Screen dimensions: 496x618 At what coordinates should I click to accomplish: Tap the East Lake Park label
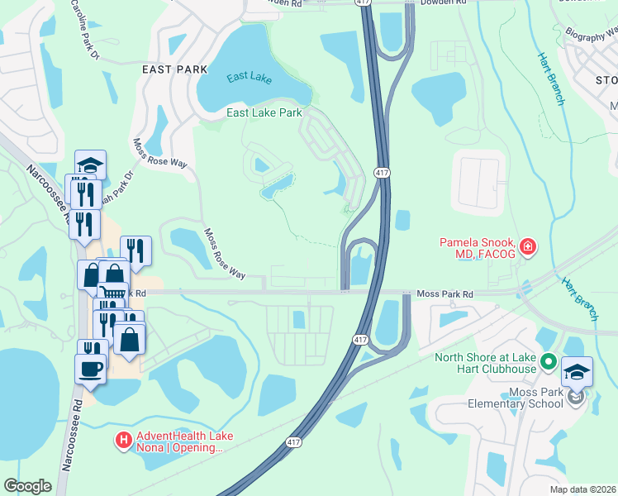coord(264,112)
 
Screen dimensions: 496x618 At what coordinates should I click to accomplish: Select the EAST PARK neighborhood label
coord(174,69)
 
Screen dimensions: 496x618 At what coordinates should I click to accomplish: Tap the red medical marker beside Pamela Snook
coord(527,246)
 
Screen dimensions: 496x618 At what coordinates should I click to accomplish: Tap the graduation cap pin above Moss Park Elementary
coord(577,372)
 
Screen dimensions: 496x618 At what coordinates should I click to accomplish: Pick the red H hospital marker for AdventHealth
coord(124,441)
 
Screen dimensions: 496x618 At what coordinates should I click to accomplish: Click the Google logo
coord(28,486)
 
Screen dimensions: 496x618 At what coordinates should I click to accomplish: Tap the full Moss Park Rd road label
coord(445,293)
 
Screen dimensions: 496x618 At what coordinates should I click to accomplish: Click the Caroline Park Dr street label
coord(84,30)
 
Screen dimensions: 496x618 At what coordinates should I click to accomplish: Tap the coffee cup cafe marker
coord(90,369)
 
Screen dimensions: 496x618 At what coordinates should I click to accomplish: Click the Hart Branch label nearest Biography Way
coord(551,79)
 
